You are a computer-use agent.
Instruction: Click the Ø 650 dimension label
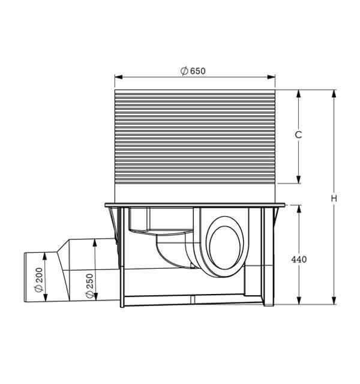pos(193,71)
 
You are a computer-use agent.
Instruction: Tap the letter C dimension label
pos(298,134)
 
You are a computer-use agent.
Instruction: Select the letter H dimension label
pos(334,199)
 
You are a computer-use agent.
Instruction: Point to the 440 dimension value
pos(299,259)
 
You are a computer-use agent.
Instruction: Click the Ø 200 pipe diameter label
pos(39,280)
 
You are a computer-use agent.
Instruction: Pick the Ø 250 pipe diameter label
pos(89,286)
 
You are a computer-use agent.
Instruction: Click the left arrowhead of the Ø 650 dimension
pos(119,77)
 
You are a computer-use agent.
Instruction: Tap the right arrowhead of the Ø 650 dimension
pos(271,77)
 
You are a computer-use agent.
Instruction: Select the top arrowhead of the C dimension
pos(298,94)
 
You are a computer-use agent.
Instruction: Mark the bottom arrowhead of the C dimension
pos(298,179)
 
